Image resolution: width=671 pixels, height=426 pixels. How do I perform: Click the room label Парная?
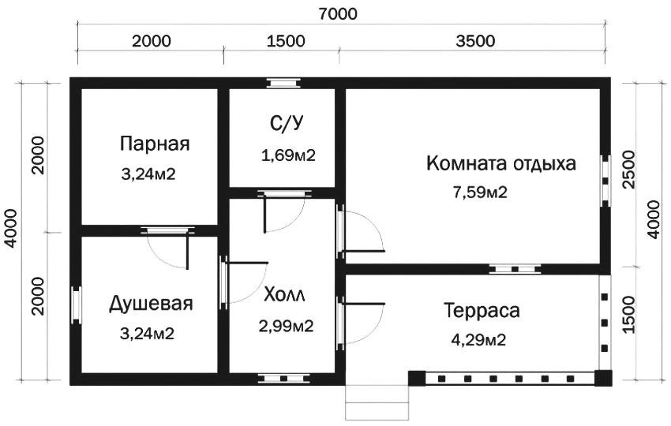tap(156, 144)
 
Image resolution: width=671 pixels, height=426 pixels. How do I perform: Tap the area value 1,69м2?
tap(288, 155)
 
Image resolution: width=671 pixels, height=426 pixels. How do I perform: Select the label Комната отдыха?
tap(501, 164)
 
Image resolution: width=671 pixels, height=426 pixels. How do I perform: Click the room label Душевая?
tap(151, 304)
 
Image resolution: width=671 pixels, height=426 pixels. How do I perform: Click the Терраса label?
tap(482, 311)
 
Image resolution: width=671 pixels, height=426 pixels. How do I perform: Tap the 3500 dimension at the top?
tap(475, 42)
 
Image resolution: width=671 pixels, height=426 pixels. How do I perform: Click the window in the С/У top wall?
tap(283, 82)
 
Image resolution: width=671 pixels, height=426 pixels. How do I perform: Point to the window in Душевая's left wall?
tap(77, 305)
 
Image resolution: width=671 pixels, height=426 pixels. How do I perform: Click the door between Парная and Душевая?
tap(167, 230)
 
